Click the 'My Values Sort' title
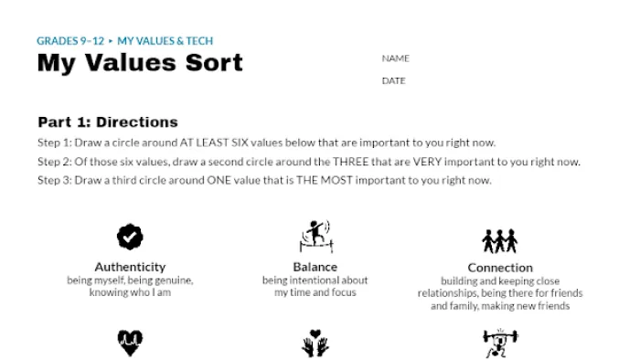click(x=140, y=64)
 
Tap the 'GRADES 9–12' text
click(x=70, y=41)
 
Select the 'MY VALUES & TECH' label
click(x=165, y=41)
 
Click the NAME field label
click(x=396, y=58)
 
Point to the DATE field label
click(x=394, y=80)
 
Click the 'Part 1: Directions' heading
click(x=108, y=122)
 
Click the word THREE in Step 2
click(x=350, y=162)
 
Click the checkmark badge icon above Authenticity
click(x=130, y=237)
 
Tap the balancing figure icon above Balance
click(x=316, y=237)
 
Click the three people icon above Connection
click(x=500, y=241)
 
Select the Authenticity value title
click(x=130, y=267)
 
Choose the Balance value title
click(x=315, y=267)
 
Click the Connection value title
click(x=500, y=268)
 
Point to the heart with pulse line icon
click(x=130, y=343)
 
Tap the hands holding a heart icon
click(x=315, y=343)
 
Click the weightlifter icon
click(x=500, y=343)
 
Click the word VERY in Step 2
click(x=427, y=162)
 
